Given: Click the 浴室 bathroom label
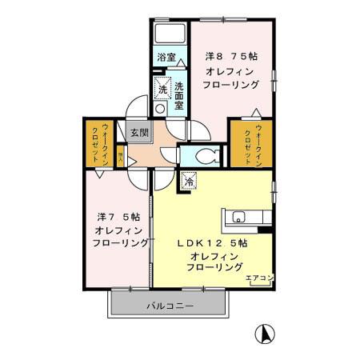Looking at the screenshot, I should pyautogui.click(x=166, y=57).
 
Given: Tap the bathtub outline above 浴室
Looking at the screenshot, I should pyautogui.click(x=169, y=36).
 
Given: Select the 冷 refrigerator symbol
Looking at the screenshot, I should pyautogui.click(x=188, y=181).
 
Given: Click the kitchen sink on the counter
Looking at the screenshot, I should pyautogui.click(x=238, y=217).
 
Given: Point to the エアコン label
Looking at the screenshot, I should pyautogui.click(x=258, y=278).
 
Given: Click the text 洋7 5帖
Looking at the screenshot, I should pyautogui.click(x=118, y=216).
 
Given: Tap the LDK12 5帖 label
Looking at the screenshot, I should pyautogui.click(x=211, y=242).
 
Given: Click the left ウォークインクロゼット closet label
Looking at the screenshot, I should pyautogui.click(x=98, y=144).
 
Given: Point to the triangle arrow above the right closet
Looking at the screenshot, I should pyautogui.click(x=254, y=111).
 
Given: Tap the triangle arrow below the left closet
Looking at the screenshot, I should pyautogui.click(x=99, y=173).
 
